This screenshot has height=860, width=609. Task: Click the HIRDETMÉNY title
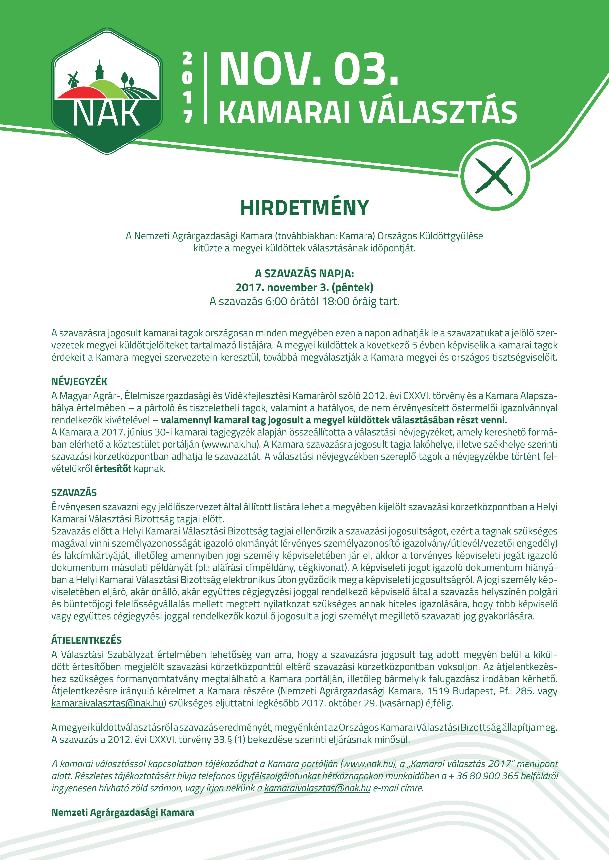[304, 208]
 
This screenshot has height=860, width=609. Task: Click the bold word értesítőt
[113, 469]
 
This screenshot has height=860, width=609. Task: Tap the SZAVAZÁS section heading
[74, 492]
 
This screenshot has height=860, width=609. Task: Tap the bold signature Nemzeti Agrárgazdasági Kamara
[123, 813]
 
